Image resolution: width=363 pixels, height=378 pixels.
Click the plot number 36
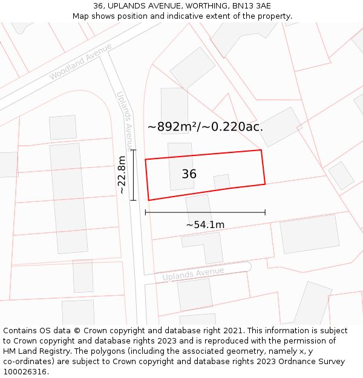coord(189,174)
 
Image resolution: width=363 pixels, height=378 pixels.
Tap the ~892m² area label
coord(205,127)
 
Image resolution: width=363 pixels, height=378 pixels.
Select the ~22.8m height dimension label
coord(122,175)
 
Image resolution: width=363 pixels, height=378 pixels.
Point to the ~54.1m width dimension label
coord(205,225)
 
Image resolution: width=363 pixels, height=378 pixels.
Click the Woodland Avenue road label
coord(80,62)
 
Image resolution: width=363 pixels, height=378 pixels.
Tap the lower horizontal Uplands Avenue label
coord(193,274)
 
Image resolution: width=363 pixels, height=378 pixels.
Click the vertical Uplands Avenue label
coord(124,119)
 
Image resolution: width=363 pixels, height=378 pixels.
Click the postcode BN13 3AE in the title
coord(249,6)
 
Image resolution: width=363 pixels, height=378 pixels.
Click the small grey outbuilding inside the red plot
coord(222,181)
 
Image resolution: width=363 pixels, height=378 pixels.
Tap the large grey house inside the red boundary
coord(181,166)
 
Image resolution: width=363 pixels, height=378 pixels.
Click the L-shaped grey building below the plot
coord(205,245)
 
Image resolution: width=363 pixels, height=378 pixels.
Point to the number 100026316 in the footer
coord(24,372)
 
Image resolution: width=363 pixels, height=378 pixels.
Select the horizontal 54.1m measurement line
coord(205,212)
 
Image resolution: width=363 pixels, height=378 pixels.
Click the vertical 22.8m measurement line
coord(134,175)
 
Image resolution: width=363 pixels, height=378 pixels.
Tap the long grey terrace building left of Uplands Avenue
coord(68,198)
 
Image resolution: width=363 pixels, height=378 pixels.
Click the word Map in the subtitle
coord(82,16)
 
